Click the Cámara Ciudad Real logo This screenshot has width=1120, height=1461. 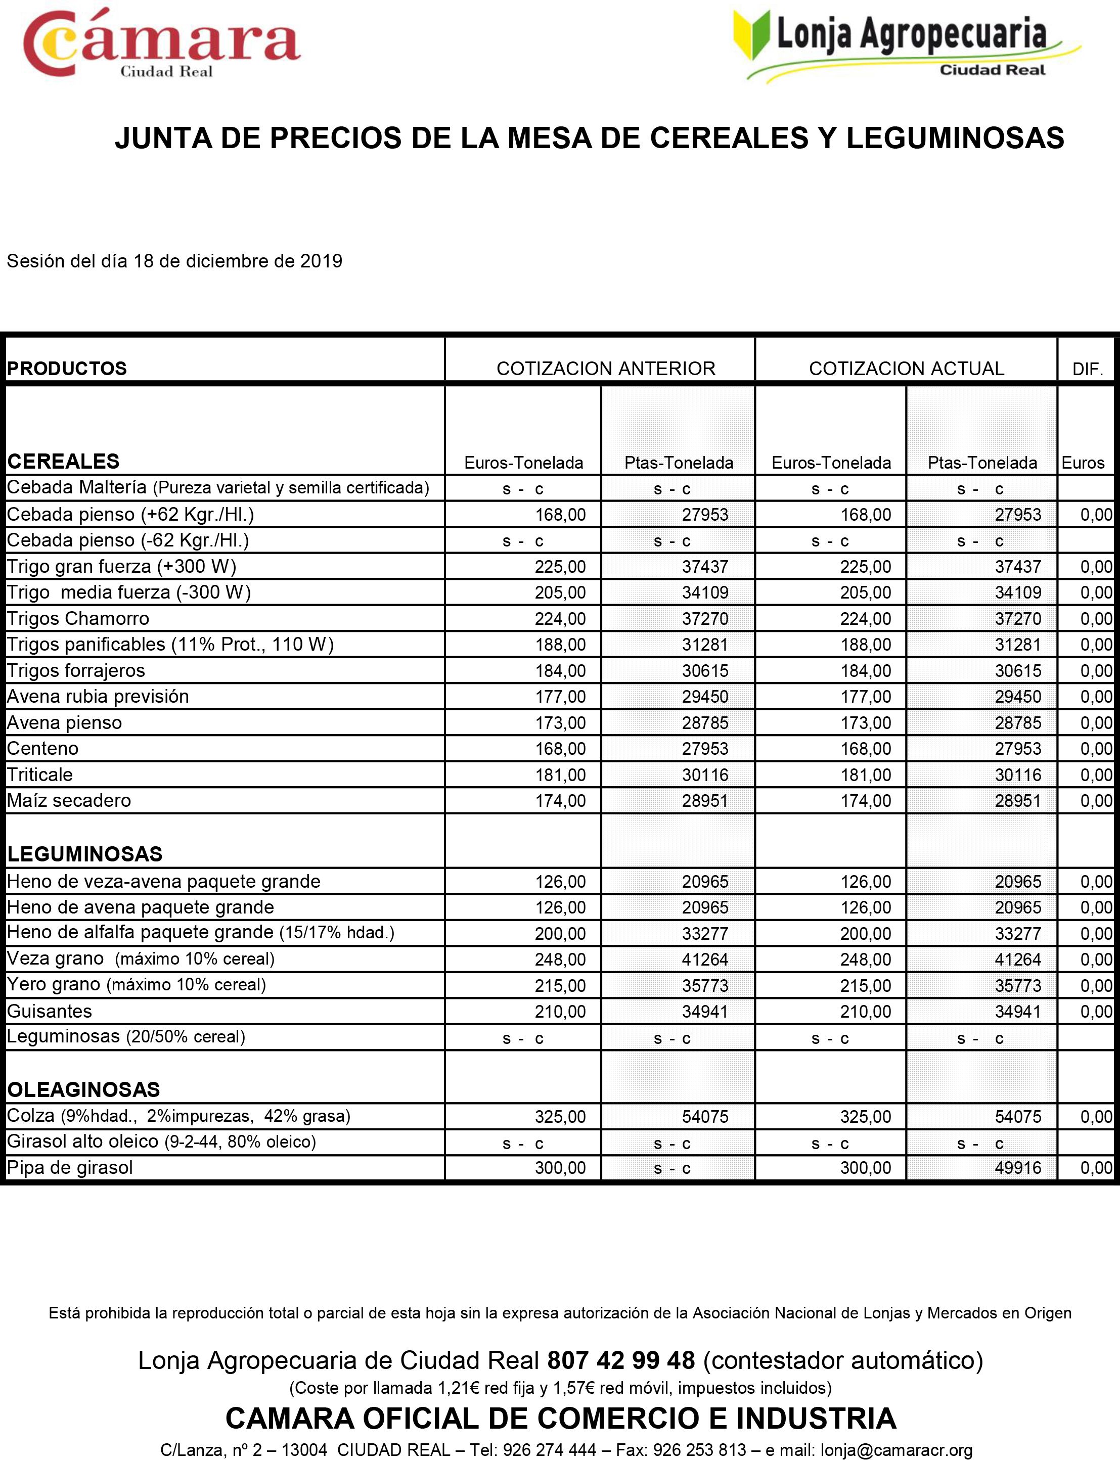tap(161, 44)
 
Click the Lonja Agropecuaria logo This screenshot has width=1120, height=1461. tap(907, 45)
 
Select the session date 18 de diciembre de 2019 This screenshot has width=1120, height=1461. tap(238, 261)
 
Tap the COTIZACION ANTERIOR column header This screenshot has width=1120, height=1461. tap(605, 369)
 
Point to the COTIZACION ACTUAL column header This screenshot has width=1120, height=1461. tap(906, 369)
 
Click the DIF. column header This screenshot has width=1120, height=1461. tap(1087, 369)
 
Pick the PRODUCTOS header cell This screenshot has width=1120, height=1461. tap(67, 369)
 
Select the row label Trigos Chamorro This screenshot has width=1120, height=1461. tap(78, 619)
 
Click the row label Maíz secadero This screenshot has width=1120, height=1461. tap(69, 800)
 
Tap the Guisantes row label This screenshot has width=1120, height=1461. tap(50, 1011)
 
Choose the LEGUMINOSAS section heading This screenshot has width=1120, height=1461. tap(84, 854)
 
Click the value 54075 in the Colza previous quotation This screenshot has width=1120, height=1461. tap(705, 1116)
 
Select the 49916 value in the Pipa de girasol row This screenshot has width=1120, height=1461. tap(1017, 1168)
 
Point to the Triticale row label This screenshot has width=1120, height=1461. tap(40, 774)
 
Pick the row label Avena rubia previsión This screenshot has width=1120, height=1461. tap(98, 697)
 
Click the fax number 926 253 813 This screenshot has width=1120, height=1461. tap(699, 1450)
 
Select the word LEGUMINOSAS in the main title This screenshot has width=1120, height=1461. tap(955, 138)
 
